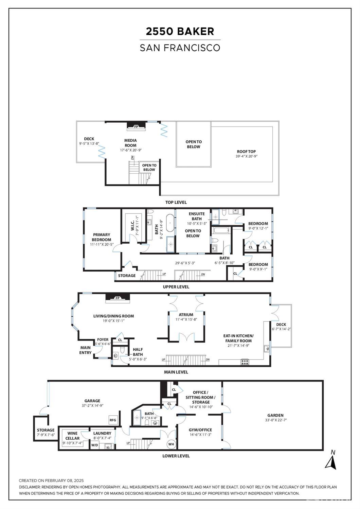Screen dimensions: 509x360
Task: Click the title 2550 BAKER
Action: [180, 31]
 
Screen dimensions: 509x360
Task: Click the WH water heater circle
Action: [171, 444]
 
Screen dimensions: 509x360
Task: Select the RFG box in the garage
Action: [113, 420]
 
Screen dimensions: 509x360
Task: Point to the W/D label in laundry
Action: [94, 445]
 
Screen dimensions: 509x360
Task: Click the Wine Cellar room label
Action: [72, 436]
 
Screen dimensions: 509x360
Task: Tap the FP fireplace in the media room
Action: [136, 127]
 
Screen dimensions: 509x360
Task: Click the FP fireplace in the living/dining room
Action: [118, 298]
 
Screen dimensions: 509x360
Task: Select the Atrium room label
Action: [186, 315]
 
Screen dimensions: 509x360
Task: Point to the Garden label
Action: [275, 415]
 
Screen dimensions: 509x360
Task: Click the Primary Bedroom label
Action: [102, 237]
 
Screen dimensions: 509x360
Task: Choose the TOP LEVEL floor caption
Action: [176, 202]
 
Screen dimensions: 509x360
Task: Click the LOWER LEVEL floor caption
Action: [176, 456]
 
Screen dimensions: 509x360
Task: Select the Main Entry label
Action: [85, 350]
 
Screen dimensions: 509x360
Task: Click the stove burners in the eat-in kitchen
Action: [245, 362]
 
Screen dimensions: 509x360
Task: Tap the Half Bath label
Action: [138, 352]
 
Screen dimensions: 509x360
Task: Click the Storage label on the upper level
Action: [127, 276]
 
